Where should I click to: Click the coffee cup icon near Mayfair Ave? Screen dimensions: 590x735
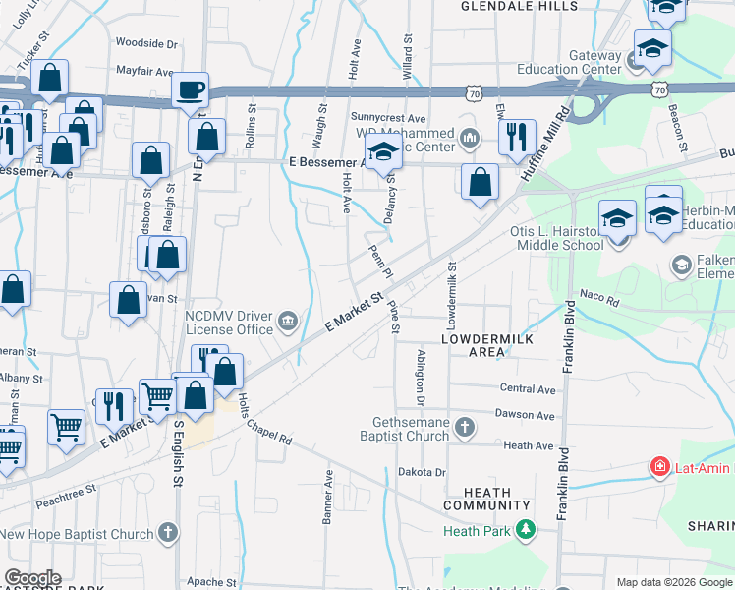point(190,89)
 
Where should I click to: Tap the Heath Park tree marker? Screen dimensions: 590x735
point(527,531)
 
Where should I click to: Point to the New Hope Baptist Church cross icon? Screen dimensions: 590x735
point(167,534)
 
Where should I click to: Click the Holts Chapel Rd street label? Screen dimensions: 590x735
point(265,422)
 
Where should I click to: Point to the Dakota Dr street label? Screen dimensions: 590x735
point(423,472)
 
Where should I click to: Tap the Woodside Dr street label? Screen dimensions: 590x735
point(146,43)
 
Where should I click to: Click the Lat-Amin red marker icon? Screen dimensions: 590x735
point(661,465)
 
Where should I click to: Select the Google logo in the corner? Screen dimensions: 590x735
point(32,578)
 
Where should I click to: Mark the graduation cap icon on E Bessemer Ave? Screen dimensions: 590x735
point(383,152)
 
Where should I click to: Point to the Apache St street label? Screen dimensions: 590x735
point(211,582)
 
